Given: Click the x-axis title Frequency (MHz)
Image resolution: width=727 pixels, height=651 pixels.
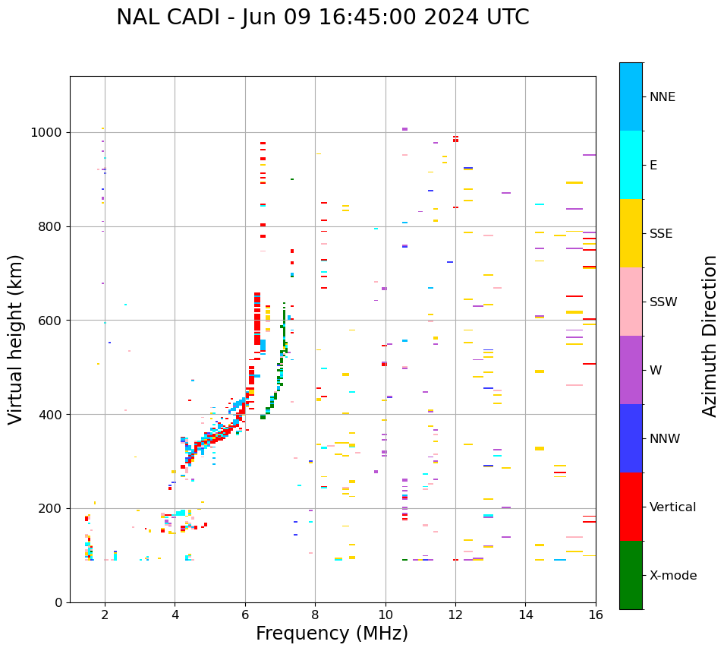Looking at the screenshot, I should click(x=332, y=634).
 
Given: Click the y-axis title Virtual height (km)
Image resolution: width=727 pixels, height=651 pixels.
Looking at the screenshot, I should click(x=16, y=339).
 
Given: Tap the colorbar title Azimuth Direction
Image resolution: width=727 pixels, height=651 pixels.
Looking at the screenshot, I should click(x=710, y=336).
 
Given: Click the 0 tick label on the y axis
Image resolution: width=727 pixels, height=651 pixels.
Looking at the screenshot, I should click(x=58, y=602).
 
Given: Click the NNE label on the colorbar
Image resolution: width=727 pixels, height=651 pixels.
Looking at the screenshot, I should click(x=662, y=97).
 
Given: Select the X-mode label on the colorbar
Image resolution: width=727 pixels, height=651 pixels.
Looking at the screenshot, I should click(x=673, y=576).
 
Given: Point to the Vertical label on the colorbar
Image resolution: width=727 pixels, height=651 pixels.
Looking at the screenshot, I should click(x=673, y=507).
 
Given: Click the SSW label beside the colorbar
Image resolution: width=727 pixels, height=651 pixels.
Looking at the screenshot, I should click(x=663, y=302).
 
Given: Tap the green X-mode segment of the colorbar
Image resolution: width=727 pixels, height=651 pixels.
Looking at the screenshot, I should click(x=631, y=575).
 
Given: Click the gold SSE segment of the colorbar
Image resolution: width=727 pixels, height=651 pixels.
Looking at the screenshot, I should click(x=631, y=233).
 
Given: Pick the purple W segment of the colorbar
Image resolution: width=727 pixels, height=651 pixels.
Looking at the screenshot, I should click(x=631, y=370).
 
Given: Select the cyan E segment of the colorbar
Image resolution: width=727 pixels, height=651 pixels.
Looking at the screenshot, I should click(x=631, y=165).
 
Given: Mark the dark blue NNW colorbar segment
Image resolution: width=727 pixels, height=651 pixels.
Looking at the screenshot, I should click(x=631, y=438).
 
